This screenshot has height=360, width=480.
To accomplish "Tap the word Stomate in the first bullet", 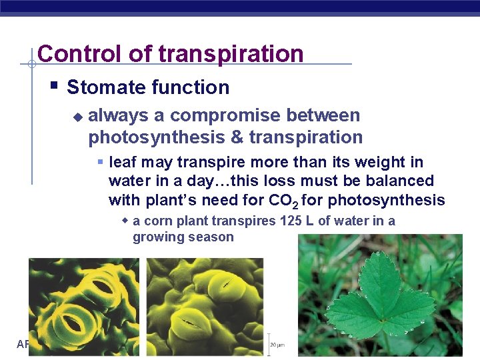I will tap(107, 87).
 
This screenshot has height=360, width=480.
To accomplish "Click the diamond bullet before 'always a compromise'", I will tap(77, 117).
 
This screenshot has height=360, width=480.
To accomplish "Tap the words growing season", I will tap(183, 237).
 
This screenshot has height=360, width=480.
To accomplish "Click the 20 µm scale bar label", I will tap(278, 345).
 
